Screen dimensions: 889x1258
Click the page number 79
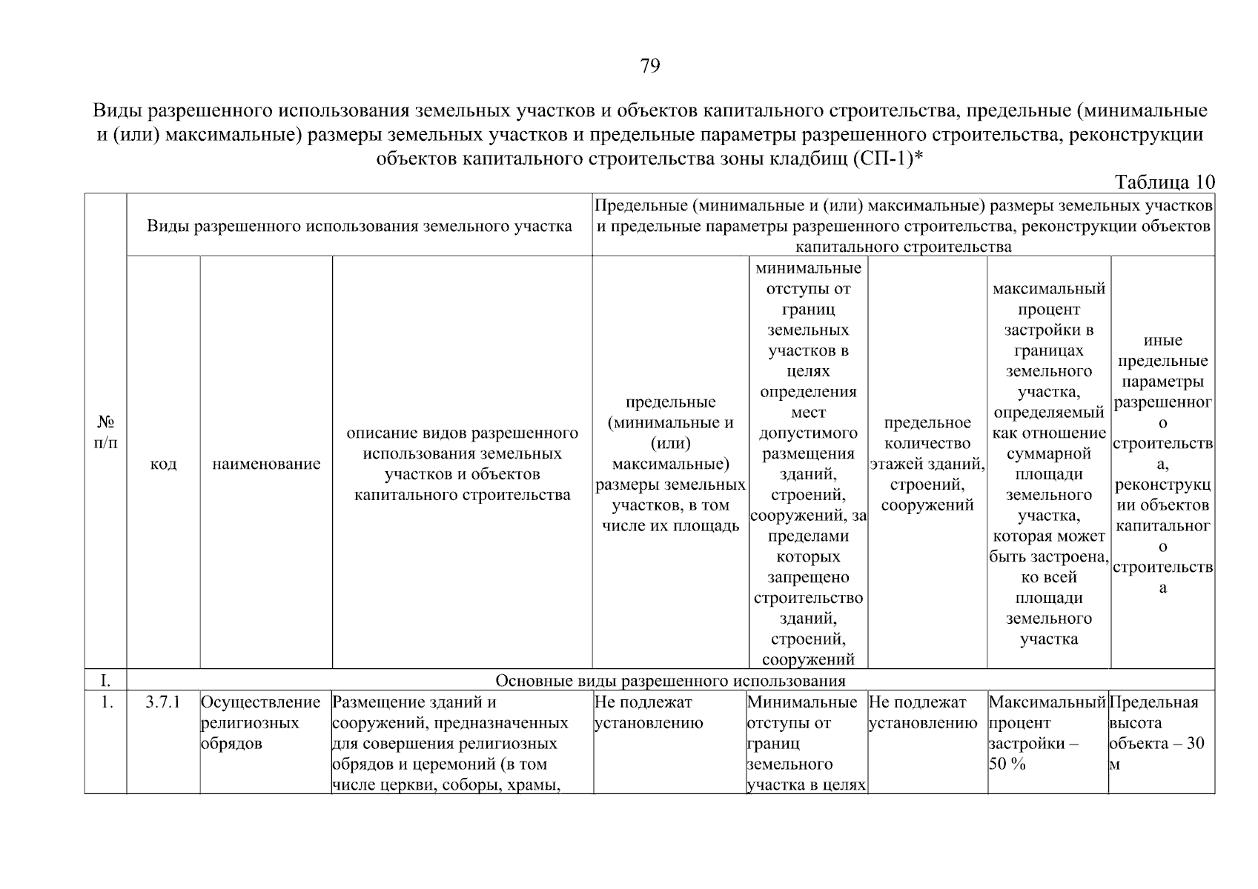pyautogui.click(x=649, y=67)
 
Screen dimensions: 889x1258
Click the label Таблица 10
pyautogui.click(x=1165, y=182)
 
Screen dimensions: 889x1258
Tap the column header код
pyautogui.click(x=163, y=465)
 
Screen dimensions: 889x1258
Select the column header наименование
pyautogui.click(x=266, y=465)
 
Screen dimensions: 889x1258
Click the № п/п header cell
pyautogui.click(x=106, y=433)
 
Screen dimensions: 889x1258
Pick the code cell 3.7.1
pyautogui.click(x=163, y=702)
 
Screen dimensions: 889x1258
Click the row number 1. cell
pyautogui.click(x=106, y=702)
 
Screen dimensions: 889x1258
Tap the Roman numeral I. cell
pyautogui.click(x=106, y=681)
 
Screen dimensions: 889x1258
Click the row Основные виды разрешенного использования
pyautogui.click(x=669, y=681)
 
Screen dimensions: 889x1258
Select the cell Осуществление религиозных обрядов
pyautogui.click(x=261, y=723)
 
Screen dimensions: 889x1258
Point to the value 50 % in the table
pyautogui.click(x=1007, y=765)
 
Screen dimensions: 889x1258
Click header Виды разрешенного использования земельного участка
pyautogui.click(x=359, y=226)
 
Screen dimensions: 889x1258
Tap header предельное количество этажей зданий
pyautogui.click(x=927, y=465)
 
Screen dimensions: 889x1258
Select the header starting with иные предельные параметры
pyautogui.click(x=1162, y=465)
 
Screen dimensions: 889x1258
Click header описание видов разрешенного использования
pyautogui.click(x=462, y=465)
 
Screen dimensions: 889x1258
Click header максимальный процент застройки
pyautogui.click(x=1048, y=465)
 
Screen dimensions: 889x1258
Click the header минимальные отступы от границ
pyautogui.click(x=807, y=465)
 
